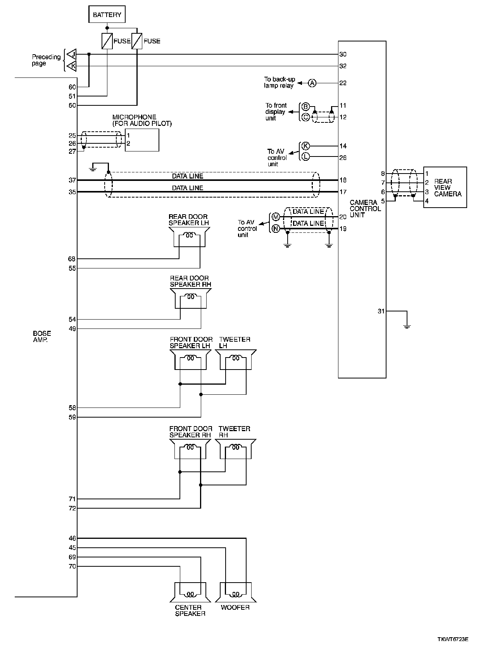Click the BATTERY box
coord(107,15)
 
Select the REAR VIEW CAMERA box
coord(445,187)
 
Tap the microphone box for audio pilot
coord(142,140)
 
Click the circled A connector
coord(312,83)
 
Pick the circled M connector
coord(276,217)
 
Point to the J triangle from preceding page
coord(71,54)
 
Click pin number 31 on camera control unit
coord(381,311)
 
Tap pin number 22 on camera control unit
coord(343,83)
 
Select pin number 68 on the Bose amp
coord(72,259)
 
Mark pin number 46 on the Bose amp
coord(72,538)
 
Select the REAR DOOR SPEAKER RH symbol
coord(190,297)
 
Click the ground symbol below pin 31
coord(407,326)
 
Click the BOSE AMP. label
coord(42,337)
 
